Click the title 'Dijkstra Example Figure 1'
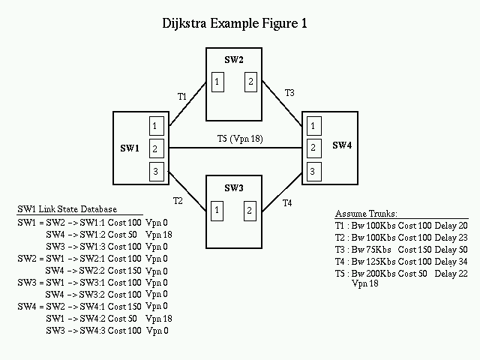[235, 23]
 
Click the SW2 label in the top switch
[234, 60]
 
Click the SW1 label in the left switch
[130, 148]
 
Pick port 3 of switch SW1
[155, 172]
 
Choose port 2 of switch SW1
[155, 148]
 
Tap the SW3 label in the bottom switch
[233, 187]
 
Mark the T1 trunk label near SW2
[182, 97]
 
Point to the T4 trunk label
[287, 203]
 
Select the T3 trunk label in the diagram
[289, 93]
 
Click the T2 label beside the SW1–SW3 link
[178, 201]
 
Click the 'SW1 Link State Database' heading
[67, 208]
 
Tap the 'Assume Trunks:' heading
[366, 213]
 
